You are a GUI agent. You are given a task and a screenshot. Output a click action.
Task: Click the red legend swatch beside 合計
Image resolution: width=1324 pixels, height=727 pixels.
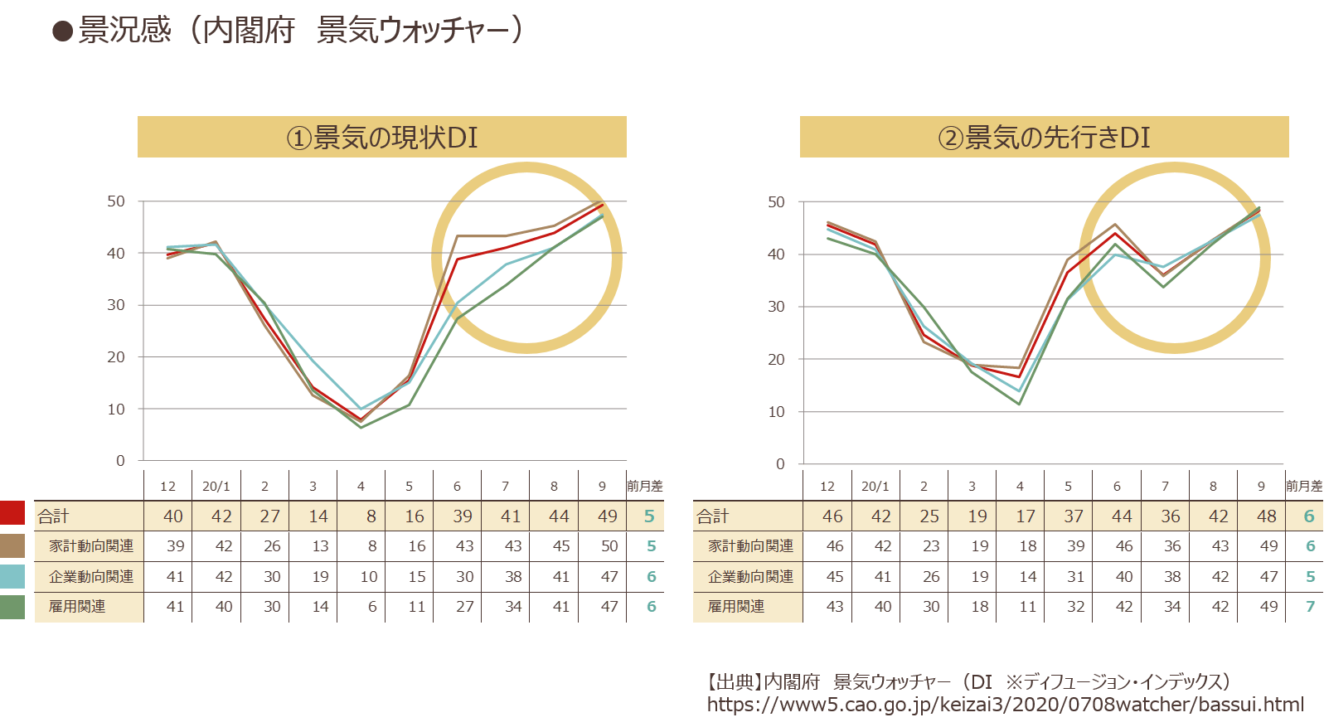point(12,512)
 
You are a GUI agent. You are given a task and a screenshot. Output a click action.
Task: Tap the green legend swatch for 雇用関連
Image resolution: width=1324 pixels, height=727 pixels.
point(12,607)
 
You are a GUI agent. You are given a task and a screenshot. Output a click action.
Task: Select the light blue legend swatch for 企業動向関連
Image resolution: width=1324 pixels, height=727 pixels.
point(12,576)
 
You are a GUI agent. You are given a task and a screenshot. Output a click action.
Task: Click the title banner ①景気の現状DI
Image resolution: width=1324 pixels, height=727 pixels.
point(382,137)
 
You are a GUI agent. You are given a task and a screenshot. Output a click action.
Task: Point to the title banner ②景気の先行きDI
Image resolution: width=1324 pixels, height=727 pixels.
point(1044,137)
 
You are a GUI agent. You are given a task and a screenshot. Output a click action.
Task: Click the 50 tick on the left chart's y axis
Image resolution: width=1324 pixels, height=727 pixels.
point(116,201)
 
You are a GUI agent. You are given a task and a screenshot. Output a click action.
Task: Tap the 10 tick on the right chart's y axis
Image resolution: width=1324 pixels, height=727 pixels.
point(776,412)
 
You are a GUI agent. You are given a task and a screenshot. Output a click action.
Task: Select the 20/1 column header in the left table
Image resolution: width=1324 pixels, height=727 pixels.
point(216,487)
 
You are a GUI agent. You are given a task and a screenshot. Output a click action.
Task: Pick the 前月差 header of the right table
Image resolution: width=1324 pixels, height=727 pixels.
point(1304,487)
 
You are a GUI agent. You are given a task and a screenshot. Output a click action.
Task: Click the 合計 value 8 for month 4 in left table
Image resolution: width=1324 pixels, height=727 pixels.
point(371,516)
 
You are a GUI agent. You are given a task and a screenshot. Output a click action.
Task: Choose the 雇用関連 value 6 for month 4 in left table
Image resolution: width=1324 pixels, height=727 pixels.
point(371,607)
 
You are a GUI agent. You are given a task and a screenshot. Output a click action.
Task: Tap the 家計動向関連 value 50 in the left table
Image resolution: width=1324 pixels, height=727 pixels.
point(609,545)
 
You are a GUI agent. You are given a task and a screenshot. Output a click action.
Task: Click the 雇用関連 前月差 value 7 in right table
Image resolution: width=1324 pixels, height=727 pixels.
point(1310,607)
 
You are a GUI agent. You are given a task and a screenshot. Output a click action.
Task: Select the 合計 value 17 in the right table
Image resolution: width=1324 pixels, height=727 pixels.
point(1026,516)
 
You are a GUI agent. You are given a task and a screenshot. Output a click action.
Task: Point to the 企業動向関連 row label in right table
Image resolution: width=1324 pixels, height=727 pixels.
point(750,576)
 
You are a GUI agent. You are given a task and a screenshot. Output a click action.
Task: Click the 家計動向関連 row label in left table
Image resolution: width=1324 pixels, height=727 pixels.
point(91,545)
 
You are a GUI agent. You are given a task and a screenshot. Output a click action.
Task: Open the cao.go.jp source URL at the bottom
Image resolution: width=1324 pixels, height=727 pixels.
point(1005,705)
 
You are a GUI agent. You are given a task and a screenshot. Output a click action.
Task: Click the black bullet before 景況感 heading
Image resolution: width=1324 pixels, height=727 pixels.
point(62,32)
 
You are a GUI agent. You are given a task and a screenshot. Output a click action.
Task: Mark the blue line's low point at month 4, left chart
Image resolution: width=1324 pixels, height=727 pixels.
point(361,409)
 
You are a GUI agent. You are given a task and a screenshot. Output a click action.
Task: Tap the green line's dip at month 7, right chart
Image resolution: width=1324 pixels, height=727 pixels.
point(1163,287)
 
